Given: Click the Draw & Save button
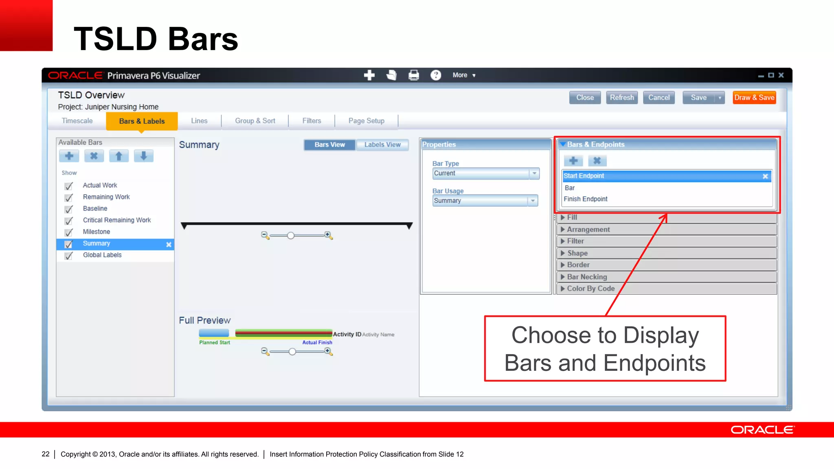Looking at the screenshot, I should click(x=754, y=98).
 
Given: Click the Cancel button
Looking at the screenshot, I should click(x=658, y=98).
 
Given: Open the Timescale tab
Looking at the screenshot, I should click(x=77, y=121).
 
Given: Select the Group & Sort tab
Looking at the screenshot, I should click(x=255, y=121).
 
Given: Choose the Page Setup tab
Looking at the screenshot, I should click(x=366, y=121).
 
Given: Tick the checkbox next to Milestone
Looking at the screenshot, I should click(x=69, y=232).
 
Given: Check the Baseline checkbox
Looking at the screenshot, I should click(x=69, y=209).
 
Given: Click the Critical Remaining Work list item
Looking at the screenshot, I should click(x=116, y=220).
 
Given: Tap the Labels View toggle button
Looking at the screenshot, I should click(x=382, y=145).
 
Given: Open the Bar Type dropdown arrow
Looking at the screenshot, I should click(x=534, y=173).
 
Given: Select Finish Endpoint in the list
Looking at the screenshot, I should click(x=585, y=199).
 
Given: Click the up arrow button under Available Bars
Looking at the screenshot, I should click(x=119, y=156).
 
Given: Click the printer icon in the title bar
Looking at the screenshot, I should click(x=414, y=75).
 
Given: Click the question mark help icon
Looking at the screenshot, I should click(x=436, y=75).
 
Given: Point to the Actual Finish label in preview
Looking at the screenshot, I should click(x=317, y=343).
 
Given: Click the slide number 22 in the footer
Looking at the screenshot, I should click(x=45, y=454).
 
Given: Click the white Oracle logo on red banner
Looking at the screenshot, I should click(x=762, y=430).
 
